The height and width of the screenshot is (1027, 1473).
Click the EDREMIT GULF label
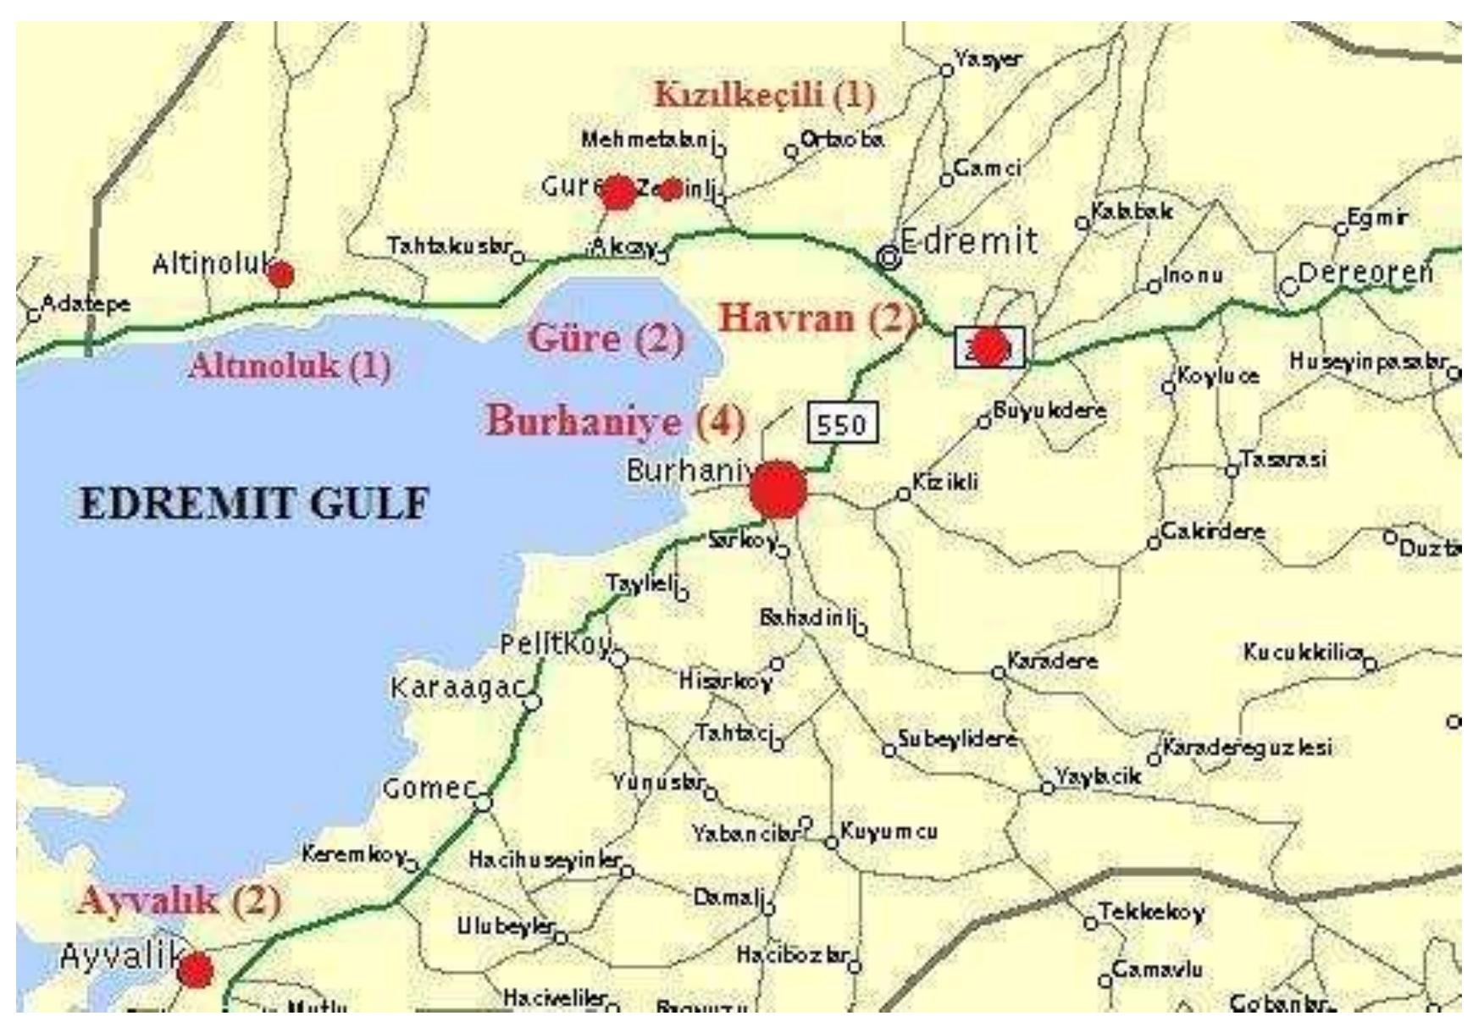(x=254, y=503)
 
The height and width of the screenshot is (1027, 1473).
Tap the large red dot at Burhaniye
(x=778, y=489)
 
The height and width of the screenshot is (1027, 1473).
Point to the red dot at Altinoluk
(x=281, y=274)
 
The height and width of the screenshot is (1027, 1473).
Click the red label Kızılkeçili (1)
(x=765, y=94)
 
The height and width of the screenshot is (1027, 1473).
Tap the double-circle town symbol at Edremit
(x=889, y=256)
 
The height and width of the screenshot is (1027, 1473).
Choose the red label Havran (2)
(x=817, y=318)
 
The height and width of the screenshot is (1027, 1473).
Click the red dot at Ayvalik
(x=196, y=969)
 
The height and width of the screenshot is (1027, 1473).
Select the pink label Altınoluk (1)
(x=291, y=366)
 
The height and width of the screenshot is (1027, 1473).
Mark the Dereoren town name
(x=1365, y=273)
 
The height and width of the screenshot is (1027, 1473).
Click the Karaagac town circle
(x=533, y=702)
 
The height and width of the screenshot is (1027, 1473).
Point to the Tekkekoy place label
(x=1151, y=912)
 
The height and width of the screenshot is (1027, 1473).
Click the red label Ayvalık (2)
(x=179, y=900)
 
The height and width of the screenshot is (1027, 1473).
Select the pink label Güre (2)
(x=606, y=338)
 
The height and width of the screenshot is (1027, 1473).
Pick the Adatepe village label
(x=86, y=303)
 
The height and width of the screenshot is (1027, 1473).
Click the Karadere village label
(x=1052, y=660)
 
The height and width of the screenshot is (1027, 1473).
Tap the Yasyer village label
(x=988, y=58)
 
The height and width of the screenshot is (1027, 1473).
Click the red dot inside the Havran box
(x=988, y=347)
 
